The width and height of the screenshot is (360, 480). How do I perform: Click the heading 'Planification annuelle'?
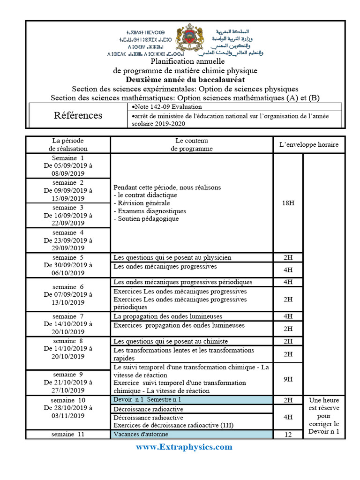click(x=187, y=61)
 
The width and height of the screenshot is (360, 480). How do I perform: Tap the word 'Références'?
click(x=78, y=115)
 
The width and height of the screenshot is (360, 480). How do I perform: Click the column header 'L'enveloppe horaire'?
click(x=308, y=144)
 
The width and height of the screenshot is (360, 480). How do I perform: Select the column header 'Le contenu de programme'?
click(x=191, y=144)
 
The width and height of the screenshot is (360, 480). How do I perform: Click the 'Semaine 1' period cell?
click(x=68, y=165)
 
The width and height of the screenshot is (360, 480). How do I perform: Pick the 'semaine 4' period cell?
click(x=68, y=240)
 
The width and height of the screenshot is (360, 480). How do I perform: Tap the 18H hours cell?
click(x=288, y=203)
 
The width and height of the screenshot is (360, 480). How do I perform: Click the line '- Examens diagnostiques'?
click(x=150, y=211)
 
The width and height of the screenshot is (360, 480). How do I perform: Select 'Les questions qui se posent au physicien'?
click(x=172, y=257)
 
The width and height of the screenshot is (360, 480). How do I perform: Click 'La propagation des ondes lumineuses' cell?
click(x=168, y=316)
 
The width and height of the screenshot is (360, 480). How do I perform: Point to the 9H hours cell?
click(x=288, y=378)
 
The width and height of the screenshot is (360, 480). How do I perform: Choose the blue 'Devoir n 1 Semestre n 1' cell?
click(x=191, y=400)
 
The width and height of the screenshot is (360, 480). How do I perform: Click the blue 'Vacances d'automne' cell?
click(x=191, y=435)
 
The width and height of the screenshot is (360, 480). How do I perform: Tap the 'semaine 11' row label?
click(x=68, y=435)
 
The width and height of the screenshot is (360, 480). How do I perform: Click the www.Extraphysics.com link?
click(x=184, y=447)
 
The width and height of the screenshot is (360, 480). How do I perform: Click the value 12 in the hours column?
click(x=288, y=435)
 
